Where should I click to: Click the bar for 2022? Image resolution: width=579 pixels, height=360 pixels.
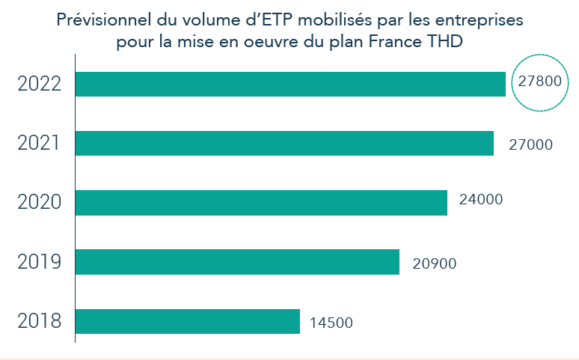click(x=290, y=84)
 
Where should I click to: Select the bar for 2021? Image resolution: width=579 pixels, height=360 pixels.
click(x=284, y=143)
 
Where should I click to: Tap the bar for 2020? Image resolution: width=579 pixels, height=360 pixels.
click(x=261, y=203)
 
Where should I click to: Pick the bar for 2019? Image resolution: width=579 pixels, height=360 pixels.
click(x=237, y=262)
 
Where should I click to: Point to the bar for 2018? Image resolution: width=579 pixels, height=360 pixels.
click(x=188, y=321)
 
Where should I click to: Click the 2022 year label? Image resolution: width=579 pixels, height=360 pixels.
click(x=38, y=84)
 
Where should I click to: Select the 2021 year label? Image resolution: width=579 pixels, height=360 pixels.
click(x=38, y=143)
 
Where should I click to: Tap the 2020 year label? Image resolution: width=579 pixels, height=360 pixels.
click(x=38, y=203)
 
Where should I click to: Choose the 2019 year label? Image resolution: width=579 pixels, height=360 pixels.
click(x=38, y=262)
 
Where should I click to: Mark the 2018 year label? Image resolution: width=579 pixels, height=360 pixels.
click(x=38, y=321)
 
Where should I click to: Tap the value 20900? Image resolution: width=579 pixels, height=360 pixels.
click(x=434, y=263)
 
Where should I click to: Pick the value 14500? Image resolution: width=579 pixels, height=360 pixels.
click(x=331, y=323)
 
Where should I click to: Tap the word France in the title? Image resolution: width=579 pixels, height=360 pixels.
click(x=395, y=42)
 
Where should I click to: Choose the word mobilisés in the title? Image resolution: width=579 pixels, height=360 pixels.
click(x=337, y=20)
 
